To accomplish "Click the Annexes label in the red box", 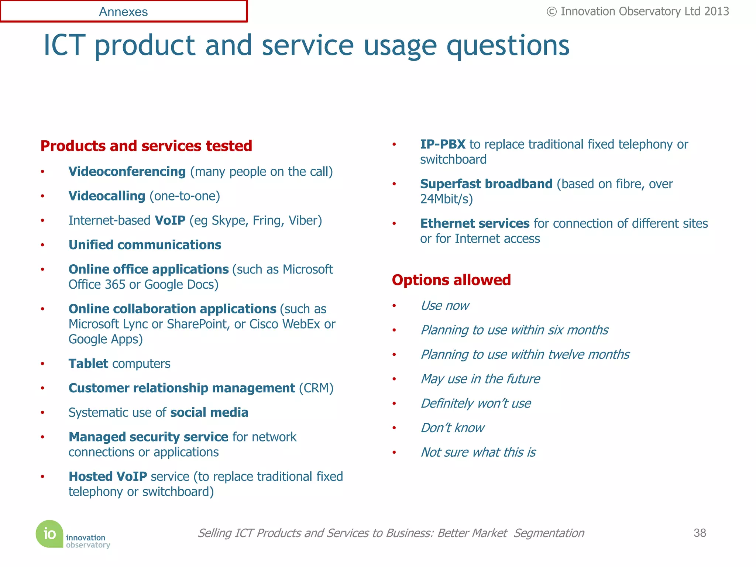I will point(123,12).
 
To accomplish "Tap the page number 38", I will point(700,533).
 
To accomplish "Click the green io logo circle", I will point(49,534).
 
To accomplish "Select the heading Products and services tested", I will point(146,146).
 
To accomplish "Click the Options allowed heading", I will point(451,280).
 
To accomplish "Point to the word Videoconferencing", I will point(127,172).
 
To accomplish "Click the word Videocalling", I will point(107,196).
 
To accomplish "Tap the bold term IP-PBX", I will point(443,144).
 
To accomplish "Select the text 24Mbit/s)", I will point(446,199).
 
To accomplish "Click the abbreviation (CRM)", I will point(316,388).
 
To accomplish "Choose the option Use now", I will point(445,306).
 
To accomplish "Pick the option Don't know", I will point(452,428).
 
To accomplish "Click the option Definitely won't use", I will point(476,403).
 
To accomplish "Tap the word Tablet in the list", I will point(88,364).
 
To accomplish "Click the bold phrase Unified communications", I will point(145,245).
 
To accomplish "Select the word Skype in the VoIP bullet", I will point(229,221).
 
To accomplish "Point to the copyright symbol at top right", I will point(551,12).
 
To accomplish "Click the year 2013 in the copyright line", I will point(716,12).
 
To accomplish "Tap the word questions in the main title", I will point(508,46).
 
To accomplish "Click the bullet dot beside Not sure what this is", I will point(394,453).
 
